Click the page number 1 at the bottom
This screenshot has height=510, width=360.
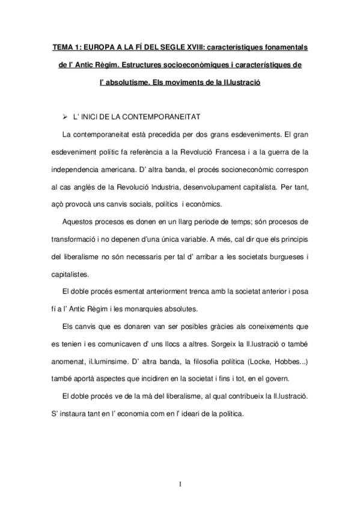click(180, 483)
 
